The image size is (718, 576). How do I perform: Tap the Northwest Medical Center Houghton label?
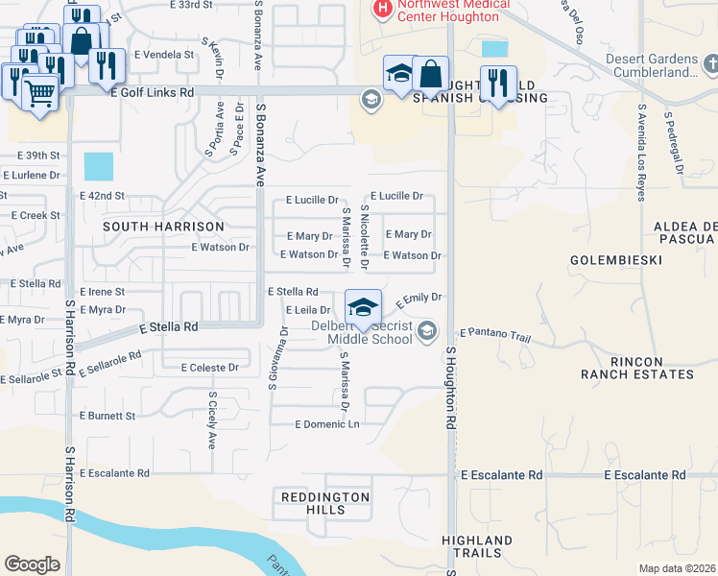(x=442, y=12)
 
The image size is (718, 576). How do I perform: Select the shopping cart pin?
(x=39, y=94)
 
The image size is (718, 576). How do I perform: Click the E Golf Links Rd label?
(x=153, y=92)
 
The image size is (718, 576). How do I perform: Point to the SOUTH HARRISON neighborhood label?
(x=163, y=227)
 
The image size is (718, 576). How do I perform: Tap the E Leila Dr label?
(x=308, y=310)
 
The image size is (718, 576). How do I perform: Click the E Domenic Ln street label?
(x=326, y=423)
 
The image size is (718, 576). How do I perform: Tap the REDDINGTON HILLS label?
(x=324, y=503)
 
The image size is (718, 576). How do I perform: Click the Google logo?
(x=32, y=564)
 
